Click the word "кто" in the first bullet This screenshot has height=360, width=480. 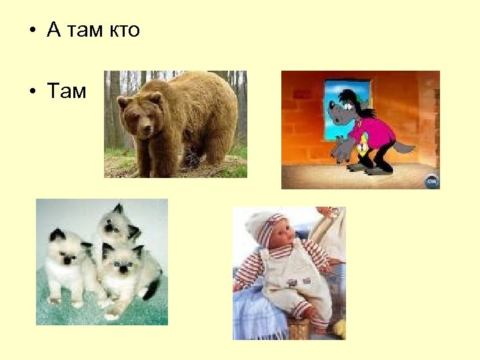121,31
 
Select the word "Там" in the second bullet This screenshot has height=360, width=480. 67,91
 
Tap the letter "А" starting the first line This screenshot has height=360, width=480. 54,31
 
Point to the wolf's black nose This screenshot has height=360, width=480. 331,106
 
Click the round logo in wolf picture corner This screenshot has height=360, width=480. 431,179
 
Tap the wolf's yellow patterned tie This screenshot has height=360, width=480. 364,141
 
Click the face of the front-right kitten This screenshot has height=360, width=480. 121,264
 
